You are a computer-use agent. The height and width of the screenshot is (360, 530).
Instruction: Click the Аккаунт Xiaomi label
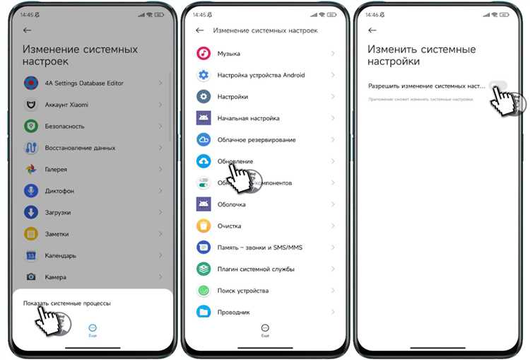[x=68, y=105]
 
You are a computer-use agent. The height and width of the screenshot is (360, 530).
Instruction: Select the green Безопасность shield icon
[x=31, y=126]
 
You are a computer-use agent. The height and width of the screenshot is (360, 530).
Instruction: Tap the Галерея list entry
[x=57, y=170]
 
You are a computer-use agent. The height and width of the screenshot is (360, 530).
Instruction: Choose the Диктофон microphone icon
[x=31, y=191]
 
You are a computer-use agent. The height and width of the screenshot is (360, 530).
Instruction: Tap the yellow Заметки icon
[x=31, y=234]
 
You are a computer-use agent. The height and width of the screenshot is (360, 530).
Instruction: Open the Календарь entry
[x=61, y=255]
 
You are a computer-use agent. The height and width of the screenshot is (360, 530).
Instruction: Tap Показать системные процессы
[x=66, y=303]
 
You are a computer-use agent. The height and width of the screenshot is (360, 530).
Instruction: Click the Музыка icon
[x=204, y=54]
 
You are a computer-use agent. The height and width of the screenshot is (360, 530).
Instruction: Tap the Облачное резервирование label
[x=257, y=140]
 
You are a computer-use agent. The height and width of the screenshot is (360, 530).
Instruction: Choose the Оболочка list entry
[x=232, y=204]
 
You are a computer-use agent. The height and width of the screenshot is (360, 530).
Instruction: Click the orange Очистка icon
[x=204, y=226]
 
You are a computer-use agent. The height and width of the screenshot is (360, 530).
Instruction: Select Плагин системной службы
[x=257, y=269]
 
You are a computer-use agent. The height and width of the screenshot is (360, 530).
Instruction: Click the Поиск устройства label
[x=243, y=291]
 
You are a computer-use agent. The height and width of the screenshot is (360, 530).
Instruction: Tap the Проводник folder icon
[x=204, y=312]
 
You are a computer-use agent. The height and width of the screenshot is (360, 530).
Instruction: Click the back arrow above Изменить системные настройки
[x=372, y=30]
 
